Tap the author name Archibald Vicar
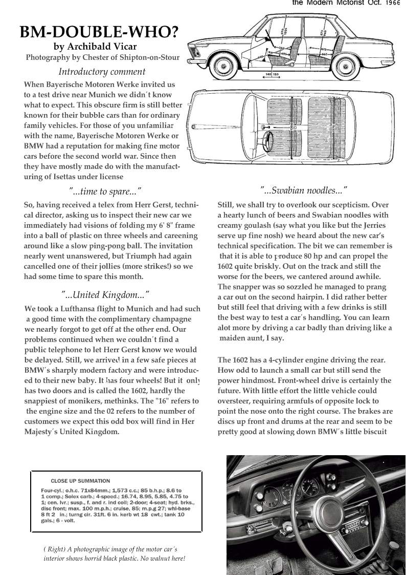point(102,47)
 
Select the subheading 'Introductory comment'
point(102,72)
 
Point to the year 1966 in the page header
point(393,3)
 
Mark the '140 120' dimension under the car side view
point(272,75)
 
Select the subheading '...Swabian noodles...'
point(304,190)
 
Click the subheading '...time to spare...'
point(105,191)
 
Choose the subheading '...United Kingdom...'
point(105,295)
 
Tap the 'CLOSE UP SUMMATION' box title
point(80,481)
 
